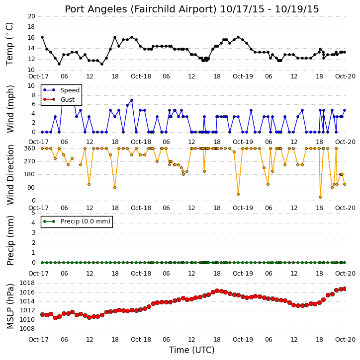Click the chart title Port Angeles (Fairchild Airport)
[141, 9]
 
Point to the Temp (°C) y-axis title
[9, 44]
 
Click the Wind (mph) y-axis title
[10, 109]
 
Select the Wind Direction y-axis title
[10, 174]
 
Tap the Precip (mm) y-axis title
[10, 240]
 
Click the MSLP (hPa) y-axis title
[10, 306]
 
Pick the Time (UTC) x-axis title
[192, 350]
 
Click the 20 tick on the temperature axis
[31, 16]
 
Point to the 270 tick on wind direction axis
[30, 161]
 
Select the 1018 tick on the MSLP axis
[27, 283]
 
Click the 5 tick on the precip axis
[33, 213]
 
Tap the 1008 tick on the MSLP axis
[27, 329]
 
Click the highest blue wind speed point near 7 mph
[132, 100]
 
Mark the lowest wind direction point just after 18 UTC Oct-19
[320, 197]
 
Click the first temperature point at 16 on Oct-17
[42, 37]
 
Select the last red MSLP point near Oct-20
[345, 288]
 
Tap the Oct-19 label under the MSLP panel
[243, 339]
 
